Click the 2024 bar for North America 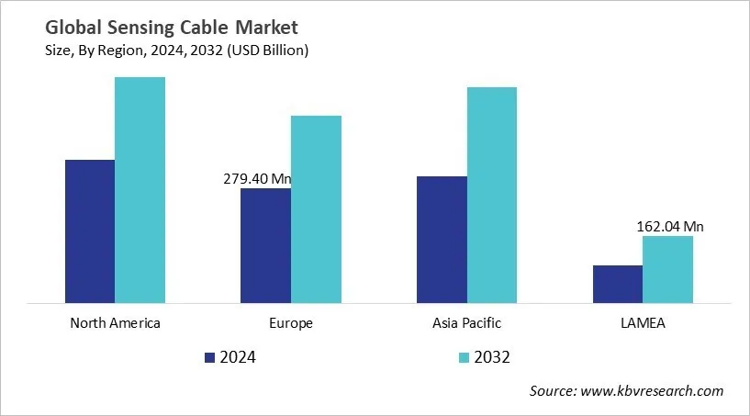coord(89,230)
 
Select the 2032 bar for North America coord(140,189)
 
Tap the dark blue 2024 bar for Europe coord(265,245)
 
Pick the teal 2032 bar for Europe coord(316,208)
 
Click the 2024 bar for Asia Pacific coord(442,239)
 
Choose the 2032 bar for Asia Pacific coord(492,195)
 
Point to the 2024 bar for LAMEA coord(617,284)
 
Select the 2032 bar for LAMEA coord(667,269)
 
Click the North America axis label coord(115,323)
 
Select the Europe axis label coord(291,323)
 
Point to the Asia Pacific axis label coord(466,323)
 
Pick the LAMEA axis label coord(643,323)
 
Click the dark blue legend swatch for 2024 coord(208,357)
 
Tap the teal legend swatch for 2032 coord(464,357)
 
